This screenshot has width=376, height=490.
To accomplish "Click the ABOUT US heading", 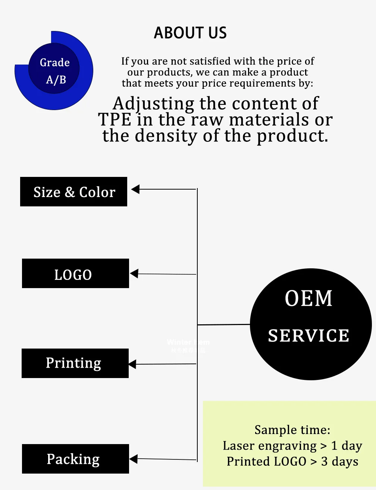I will coord(190,33).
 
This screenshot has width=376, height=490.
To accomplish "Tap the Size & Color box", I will coord(73,192).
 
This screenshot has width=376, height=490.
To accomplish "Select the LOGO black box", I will coord(75,274).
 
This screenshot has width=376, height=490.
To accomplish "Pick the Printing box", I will coord(75,363).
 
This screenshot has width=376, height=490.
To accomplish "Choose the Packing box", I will coord(75,459).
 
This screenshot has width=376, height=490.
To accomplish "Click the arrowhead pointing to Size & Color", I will coord(135,189).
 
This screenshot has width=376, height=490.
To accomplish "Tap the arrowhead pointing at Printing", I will coord(132,364).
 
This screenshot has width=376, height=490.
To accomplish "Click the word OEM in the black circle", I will coord(308,299).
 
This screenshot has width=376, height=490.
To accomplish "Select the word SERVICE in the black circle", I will coord(308,335).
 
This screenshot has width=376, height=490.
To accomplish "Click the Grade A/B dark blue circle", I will coord(54,69).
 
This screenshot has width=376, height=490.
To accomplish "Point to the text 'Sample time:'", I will coord(292,430).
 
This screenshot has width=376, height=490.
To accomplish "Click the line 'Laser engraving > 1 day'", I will coord(292,446).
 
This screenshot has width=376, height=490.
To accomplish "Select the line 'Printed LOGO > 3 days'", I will coord(292,462).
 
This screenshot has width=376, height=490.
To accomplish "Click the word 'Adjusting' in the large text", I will coord(153,104).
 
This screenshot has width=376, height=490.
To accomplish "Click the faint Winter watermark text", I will coord(179,342).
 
